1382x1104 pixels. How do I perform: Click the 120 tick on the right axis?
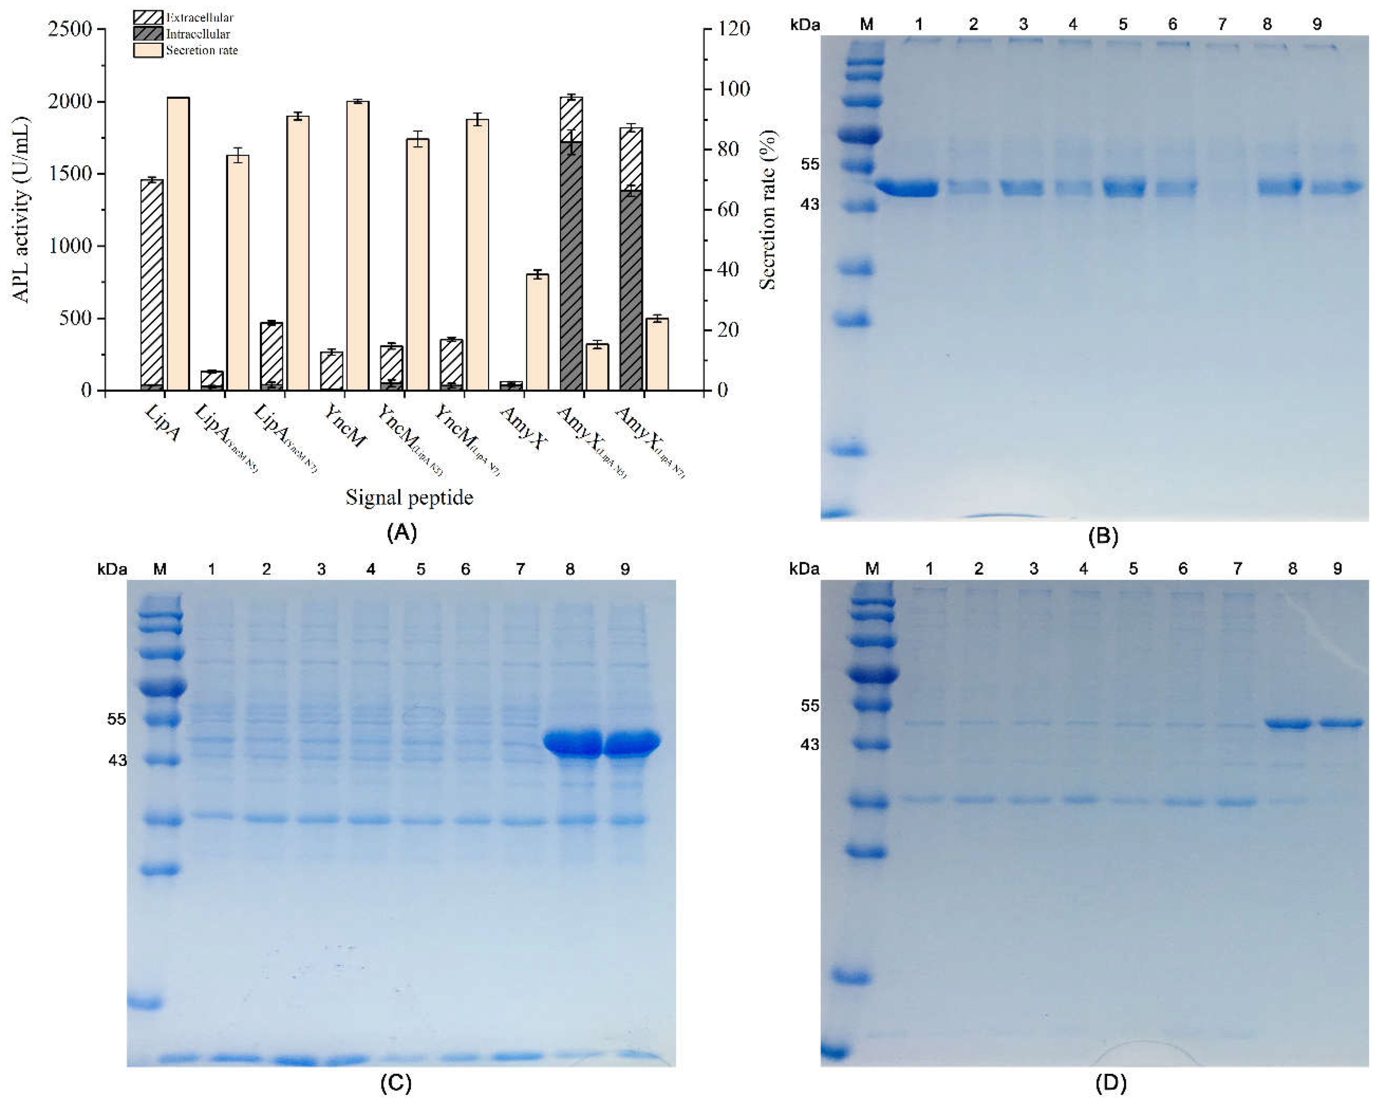[734, 29]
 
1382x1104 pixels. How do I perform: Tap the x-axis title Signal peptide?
[409, 497]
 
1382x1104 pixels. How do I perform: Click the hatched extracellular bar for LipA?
[152, 282]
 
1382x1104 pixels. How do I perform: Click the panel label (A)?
[402, 532]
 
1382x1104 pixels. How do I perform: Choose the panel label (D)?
[1110, 1083]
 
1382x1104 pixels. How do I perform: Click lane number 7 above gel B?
[1222, 24]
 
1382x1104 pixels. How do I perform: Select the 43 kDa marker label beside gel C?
[117, 761]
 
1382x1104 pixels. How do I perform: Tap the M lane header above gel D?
[872, 568]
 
